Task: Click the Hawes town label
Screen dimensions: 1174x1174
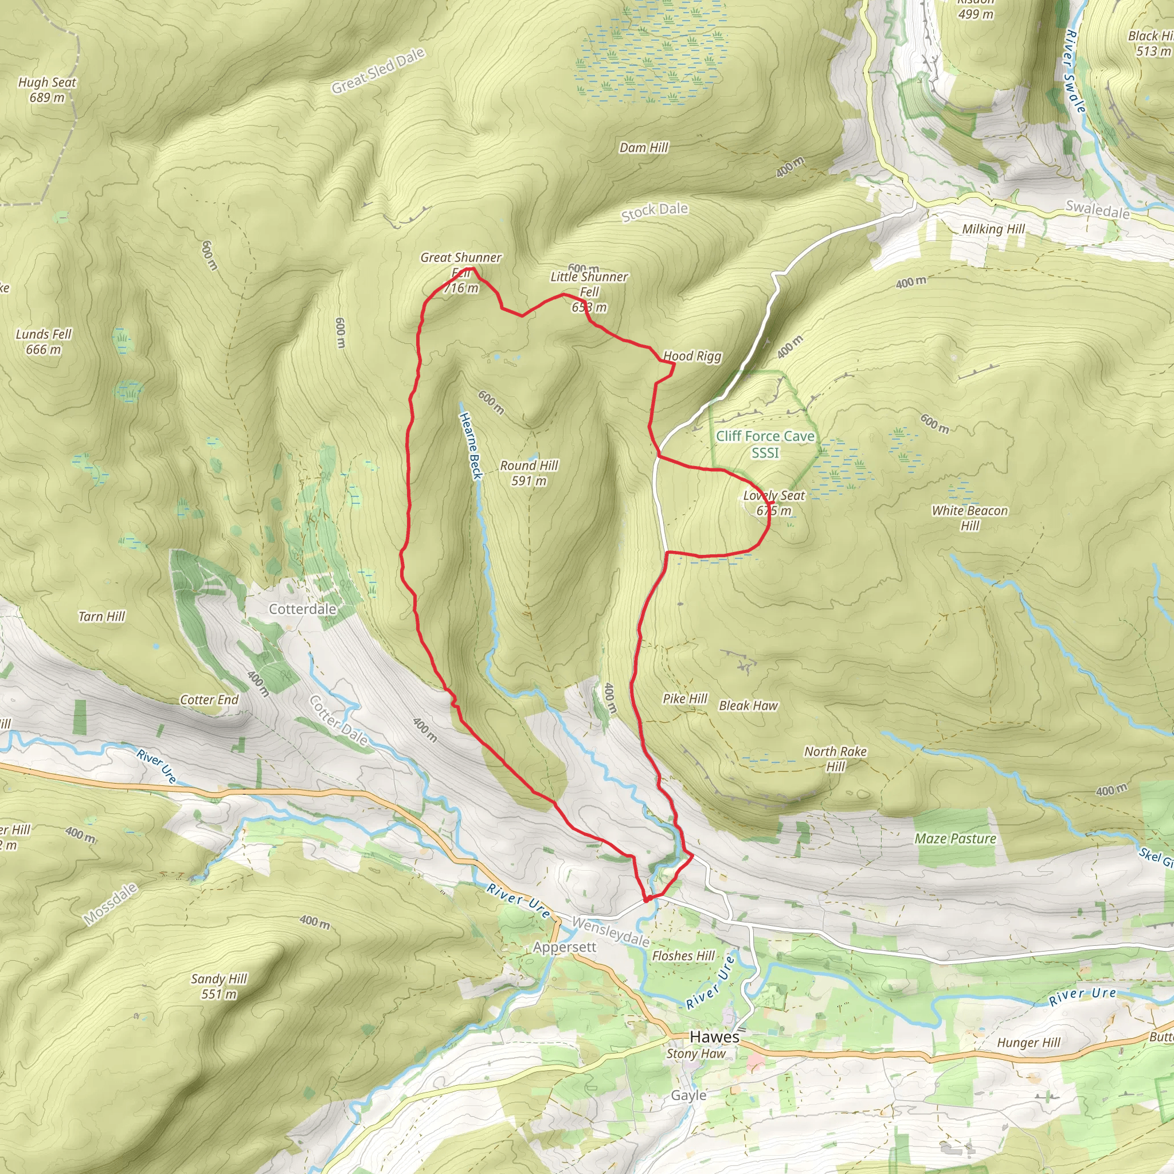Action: point(715,1037)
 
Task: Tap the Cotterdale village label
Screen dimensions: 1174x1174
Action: point(303,609)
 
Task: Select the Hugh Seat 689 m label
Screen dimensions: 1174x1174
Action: point(47,90)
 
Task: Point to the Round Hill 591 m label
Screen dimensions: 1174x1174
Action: point(529,473)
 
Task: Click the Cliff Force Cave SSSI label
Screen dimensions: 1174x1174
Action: point(765,444)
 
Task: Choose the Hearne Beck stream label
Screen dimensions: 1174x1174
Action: point(470,446)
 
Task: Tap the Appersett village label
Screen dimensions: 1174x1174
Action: point(565,948)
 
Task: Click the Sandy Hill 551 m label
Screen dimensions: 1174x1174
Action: point(219,986)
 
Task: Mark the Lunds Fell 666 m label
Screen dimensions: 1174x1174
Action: point(44,342)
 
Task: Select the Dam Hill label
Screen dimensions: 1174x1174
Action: point(644,148)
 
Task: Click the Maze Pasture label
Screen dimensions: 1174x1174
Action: point(955,839)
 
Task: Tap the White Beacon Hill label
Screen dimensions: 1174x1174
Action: point(970,518)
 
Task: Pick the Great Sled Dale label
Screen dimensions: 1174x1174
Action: point(377,71)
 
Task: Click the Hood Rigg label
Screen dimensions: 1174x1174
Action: point(692,356)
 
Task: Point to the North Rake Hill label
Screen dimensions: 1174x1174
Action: point(836,759)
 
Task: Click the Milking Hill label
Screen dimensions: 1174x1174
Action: point(993,229)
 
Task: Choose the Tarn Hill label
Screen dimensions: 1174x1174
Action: point(101,617)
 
